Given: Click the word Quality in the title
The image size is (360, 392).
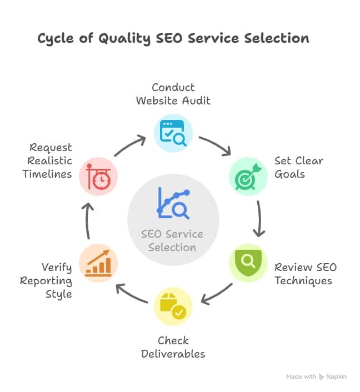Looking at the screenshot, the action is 124,39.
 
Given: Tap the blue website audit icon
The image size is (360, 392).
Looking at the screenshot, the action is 173,133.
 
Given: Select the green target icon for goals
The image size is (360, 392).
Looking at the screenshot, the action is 248,177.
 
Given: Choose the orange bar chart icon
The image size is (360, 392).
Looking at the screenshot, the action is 98,263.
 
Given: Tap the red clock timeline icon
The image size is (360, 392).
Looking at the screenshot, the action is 98,177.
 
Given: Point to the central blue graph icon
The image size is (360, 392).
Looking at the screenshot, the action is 173,203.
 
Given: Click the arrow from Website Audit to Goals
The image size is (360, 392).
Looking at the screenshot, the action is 215,144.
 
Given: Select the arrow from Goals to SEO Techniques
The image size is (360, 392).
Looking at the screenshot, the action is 259,219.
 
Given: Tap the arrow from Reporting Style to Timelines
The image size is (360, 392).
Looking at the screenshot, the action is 87,221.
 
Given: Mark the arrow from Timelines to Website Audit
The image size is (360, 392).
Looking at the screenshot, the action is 130,145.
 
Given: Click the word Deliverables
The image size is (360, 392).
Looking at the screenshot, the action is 173,354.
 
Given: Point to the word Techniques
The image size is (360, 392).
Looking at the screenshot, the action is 303,281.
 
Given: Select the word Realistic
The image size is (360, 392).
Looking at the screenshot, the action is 49,161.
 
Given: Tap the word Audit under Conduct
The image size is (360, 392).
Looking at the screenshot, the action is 196,100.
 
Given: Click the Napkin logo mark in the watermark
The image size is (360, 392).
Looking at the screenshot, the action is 322,377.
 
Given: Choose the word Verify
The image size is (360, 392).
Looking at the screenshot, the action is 57,268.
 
